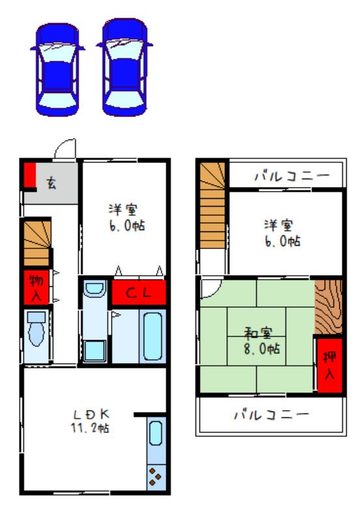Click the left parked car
(57, 69)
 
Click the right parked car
(125, 67)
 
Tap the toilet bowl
(36, 334)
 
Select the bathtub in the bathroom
(153, 336)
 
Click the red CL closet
(139, 292)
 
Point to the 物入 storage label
(36, 288)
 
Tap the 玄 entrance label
(51, 183)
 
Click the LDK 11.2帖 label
(90, 421)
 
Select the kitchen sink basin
(155, 433)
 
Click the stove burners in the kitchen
(156, 477)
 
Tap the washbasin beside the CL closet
(94, 288)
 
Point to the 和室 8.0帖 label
(262, 342)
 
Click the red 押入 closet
(329, 365)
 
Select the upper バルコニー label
(292, 176)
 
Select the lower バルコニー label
(271, 415)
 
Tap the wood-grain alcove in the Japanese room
(328, 307)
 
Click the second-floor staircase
(212, 205)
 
